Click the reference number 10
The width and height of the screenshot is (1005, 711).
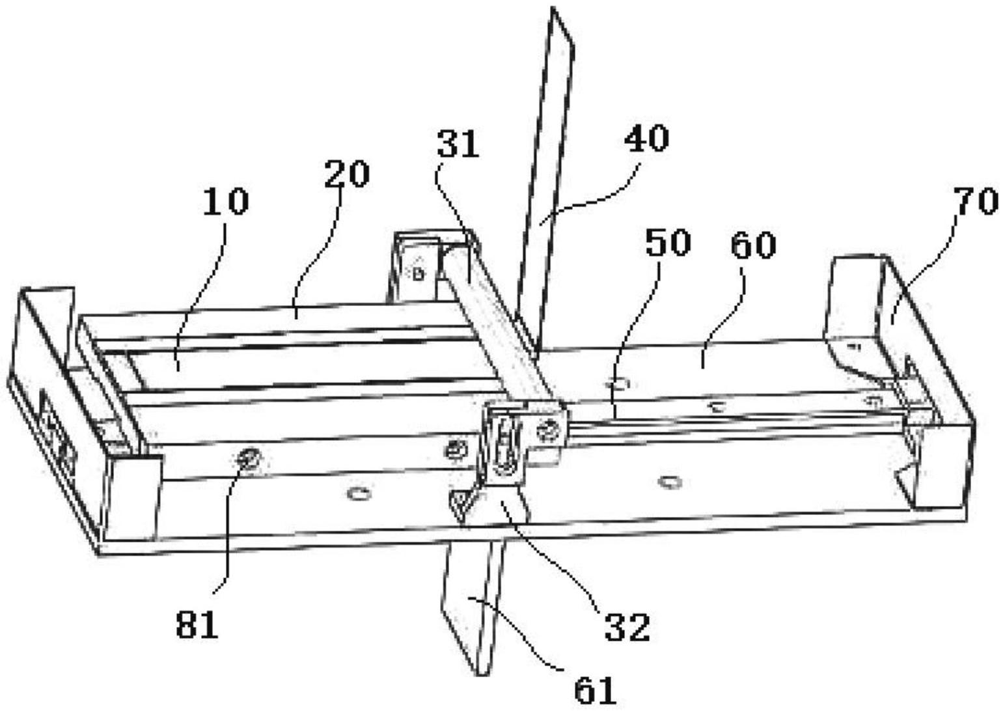[225, 202]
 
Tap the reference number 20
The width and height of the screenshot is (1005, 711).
[347, 174]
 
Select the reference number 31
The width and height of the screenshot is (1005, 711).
[458, 145]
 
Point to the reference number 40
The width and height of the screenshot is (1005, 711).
[646, 139]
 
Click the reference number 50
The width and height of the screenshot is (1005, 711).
[668, 243]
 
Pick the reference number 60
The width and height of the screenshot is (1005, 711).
[753, 245]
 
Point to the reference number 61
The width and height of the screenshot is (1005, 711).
[595, 690]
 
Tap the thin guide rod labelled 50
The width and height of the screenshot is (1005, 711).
[716, 425]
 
